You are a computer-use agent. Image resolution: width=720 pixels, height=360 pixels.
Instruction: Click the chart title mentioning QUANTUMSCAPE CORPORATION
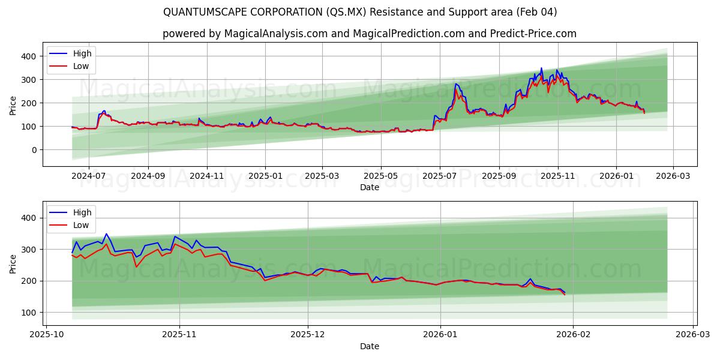pyautogui.click(x=360, y=12)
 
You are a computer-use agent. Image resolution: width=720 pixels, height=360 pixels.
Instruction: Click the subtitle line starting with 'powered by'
pyautogui.click(x=369, y=34)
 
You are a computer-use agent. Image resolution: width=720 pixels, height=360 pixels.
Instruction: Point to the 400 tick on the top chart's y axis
pyautogui.click(x=30, y=56)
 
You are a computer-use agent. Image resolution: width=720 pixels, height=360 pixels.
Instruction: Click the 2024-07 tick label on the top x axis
pyautogui.click(x=88, y=176)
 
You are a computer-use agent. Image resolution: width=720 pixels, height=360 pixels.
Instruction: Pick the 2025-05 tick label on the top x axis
pyautogui.click(x=381, y=176)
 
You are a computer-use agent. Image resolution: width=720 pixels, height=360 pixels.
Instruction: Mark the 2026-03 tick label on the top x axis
pyautogui.click(x=673, y=176)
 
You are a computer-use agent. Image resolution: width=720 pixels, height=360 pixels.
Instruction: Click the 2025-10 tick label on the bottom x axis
pyautogui.click(x=46, y=335)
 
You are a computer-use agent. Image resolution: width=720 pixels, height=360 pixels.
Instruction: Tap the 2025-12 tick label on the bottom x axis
pyautogui.click(x=308, y=335)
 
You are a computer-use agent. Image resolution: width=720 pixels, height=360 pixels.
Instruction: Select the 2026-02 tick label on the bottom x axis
pyautogui.click(x=573, y=335)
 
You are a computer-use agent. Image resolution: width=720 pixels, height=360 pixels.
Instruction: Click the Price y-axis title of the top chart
pyautogui.click(x=13, y=105)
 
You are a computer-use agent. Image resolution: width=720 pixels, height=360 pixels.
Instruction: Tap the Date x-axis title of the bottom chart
pyautogui.click(x=369, y=346)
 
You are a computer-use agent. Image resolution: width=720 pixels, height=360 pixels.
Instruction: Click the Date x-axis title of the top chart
pyautogui.click(x=369, y=187)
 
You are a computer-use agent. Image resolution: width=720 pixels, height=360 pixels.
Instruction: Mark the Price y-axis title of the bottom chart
pyautogui.click(x=13, y=263)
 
